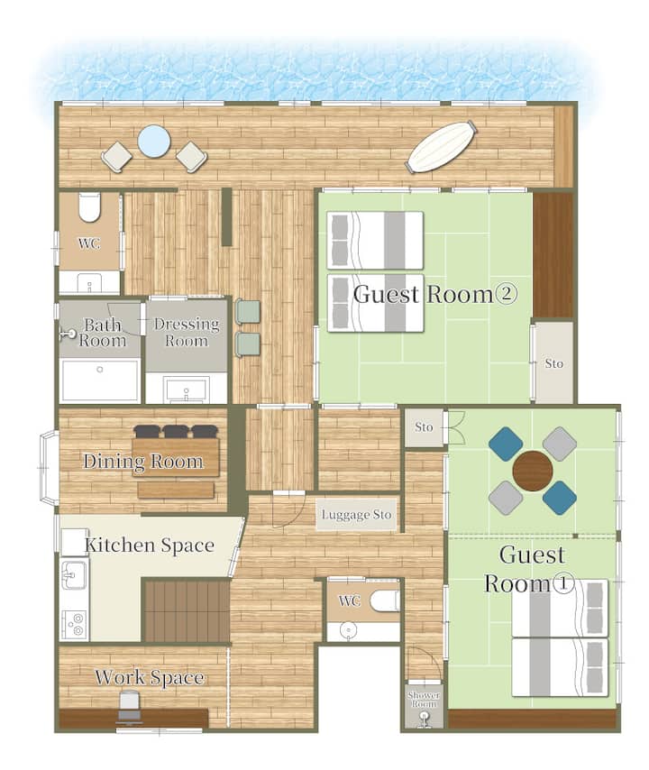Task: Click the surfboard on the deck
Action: tap(442, 147)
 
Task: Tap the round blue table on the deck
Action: tap(154, 142)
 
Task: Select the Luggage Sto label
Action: tap(356, 515)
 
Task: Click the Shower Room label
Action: tap(423, 700)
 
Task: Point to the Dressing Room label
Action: tap(187, 332)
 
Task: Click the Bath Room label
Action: tap(102, 333)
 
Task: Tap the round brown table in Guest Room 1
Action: tap(533, 471)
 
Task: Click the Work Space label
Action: tap(150, 677)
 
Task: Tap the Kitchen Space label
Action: tap(150, 545)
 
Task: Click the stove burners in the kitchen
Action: tap(75, 625)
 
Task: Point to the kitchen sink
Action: tap(74, 574)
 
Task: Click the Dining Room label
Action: tap(142, 461)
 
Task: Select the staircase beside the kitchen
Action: tap(187, 610)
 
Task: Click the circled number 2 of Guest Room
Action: tap(507, 294)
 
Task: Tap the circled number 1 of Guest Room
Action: tap(563, 584)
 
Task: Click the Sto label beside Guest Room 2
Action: tap(553, 363)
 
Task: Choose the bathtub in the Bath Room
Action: tap(100, 380)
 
